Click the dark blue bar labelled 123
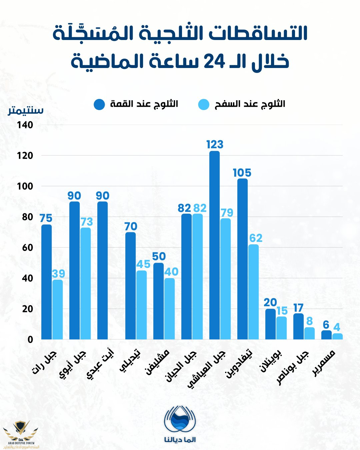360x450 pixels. (x=215, y=245)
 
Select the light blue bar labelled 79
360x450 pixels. (x=225, y=279)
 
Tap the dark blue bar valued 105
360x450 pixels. (x=243, y=259)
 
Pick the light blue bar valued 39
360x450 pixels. (x=57, y=309)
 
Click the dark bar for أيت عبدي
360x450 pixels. (x=103, y=270)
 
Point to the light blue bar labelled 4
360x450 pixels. (x=337, y=336)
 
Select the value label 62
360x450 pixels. (x=256, y=238)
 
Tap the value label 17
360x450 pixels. (x=298, y=308)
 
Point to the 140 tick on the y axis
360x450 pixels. (x=25, y=125)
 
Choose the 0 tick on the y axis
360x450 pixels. (x=30, y=340)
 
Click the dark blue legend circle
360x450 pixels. (x=99, y=104)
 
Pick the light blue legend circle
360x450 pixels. (x=204, y=104)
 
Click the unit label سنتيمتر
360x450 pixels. (x=26, y=110)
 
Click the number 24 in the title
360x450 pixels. (x=211, y=61)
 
